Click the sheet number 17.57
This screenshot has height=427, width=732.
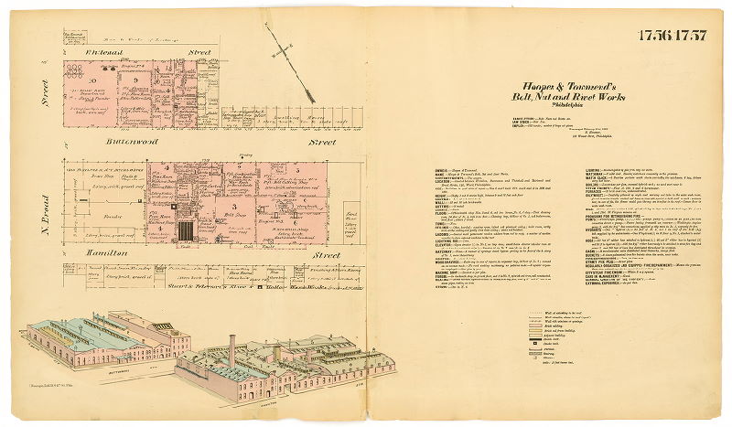pyautogui.click(x=692, y=36)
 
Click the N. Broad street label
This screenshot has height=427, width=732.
pyautogui.click(x=48, y=210)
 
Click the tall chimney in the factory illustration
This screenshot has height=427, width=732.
pyautogui.click(x=232, y=349)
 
